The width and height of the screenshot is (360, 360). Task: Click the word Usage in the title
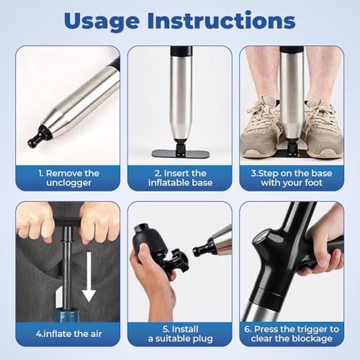click(102, 22)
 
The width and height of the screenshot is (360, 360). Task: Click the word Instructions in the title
click(221, 20)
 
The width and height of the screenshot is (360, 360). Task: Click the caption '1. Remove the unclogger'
click(68, 178)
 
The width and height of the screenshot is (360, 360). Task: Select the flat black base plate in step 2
click(180, 154)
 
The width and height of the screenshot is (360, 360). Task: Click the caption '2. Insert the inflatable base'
click(180, 178)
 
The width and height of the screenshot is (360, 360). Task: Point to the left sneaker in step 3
click(260, 128)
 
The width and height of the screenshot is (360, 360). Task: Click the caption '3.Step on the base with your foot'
click(292, 178)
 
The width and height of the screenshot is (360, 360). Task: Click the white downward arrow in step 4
click(89, 276)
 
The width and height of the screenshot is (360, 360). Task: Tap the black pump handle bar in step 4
click(67, 222)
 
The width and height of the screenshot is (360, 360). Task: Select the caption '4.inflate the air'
click(68, 334)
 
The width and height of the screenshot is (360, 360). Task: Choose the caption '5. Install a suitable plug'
click(180, 334)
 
